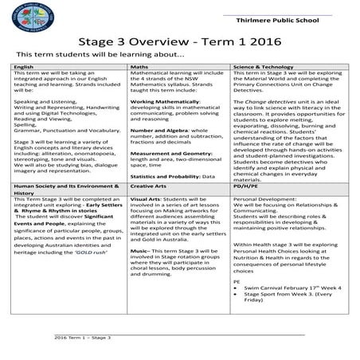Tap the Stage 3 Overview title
coord(179,41)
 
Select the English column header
coord(25,66)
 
